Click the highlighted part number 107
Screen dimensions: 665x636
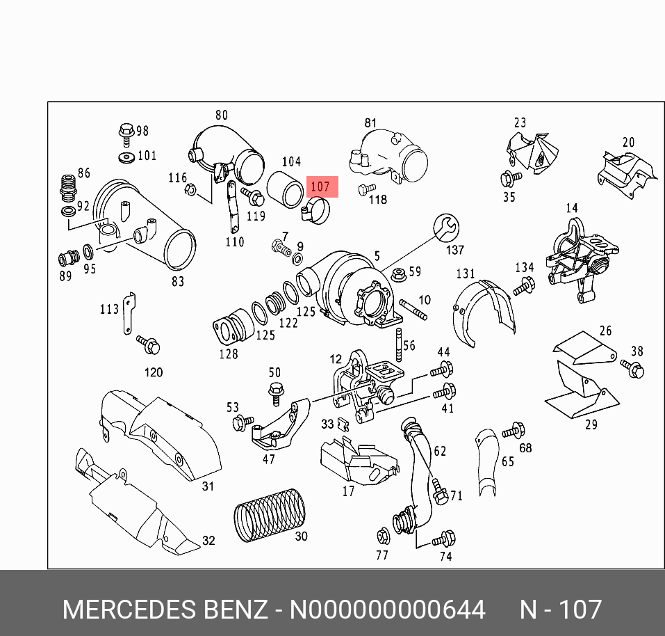tap(320, 187)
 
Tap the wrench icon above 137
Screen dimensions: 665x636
tap(445, 227)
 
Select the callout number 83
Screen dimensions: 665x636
tap(178, 281)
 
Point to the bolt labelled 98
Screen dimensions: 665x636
tap(126, 131)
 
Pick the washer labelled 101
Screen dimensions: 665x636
tap(126, 156)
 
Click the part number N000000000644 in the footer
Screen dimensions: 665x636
tap(387, 610)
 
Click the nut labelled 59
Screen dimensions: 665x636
tap(399, 273)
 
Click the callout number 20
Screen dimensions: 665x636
tap(628, 143)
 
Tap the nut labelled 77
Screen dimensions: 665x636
tap(382, 536)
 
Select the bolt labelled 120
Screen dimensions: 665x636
tap(150, 343)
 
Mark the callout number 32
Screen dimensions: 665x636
tap(208, 540)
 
